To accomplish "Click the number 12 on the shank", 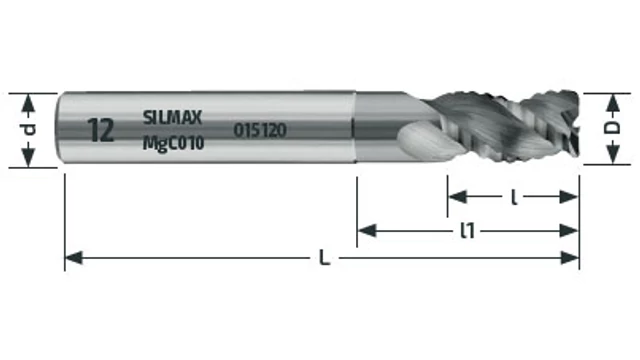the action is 100,130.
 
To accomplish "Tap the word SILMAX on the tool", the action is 172,118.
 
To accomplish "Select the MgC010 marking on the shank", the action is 173,143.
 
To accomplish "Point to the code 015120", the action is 260,130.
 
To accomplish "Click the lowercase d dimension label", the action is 29,129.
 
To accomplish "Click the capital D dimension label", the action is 612,128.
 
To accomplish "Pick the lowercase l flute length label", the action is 514,198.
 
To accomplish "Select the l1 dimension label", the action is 467,231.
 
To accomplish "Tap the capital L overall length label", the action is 324,258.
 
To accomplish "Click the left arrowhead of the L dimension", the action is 74,258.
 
